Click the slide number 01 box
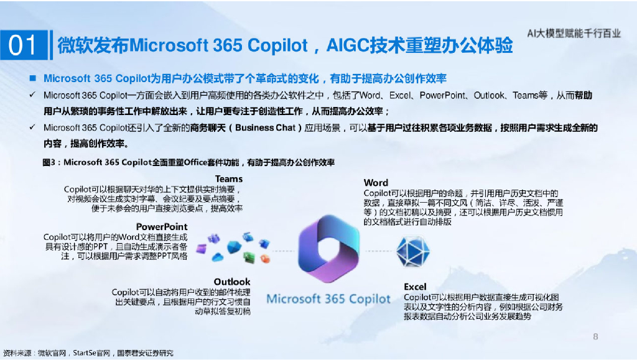[x=24, y=45]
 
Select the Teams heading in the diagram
[x=229, y=179]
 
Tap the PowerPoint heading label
[x=162, y=226]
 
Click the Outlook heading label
[x=232, y=282]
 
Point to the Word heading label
[x=376, y=183]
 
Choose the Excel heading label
[x=415, y=287]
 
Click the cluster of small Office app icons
[x=234, y=248]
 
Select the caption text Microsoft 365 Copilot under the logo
[x=328, y=299]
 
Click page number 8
[x=595, y=337]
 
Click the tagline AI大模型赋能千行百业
[x=574, y=34]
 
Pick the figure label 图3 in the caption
[x=49, y=163]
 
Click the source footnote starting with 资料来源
[x=88, y=353]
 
